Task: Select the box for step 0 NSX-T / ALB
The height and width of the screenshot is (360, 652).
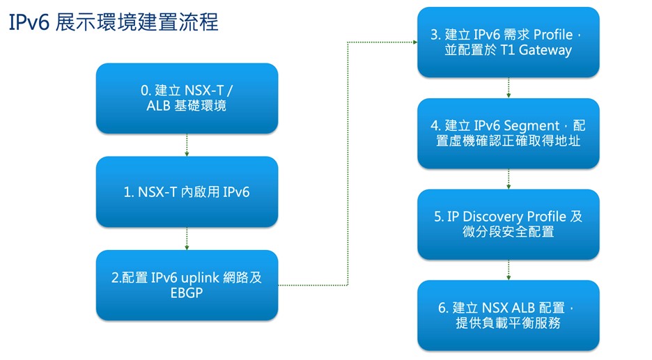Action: (x=187, y=98)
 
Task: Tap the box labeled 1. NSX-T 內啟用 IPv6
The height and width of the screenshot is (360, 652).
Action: (x=187, y=191)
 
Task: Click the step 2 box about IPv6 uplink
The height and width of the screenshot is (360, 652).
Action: (x=187, y=285)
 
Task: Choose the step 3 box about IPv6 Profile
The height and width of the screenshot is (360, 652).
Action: (x=508, y=42)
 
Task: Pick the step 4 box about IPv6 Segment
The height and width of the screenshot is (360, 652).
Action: (x=508, y=133)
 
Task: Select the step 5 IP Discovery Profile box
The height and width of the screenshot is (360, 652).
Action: (x=508, y=224)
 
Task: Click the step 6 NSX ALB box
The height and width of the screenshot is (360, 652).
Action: (x=508, y=315)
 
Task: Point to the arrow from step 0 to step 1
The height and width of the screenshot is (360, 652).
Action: (x=187, y=145)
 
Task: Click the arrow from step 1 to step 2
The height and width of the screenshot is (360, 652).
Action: (x=187, y=238)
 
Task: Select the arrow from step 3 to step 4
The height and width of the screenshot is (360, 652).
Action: (x=509, y=88)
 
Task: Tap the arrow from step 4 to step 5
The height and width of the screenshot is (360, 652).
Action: (x=509, y=179)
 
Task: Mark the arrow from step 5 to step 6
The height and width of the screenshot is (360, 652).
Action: (x=509, y=270)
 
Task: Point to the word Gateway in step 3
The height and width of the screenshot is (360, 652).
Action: (x=547, y=50)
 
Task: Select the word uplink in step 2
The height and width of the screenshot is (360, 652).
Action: (x=201, y=277)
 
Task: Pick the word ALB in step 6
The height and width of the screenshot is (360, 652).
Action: (x=522, y=308)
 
